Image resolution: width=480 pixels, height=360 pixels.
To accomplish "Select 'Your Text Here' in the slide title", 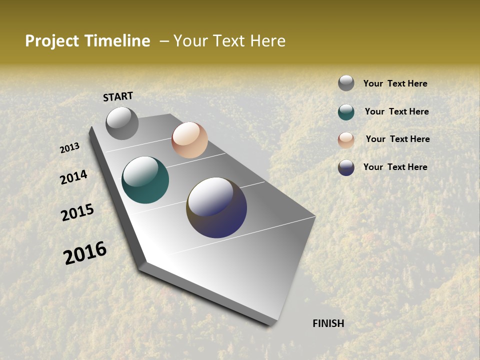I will point(229,41).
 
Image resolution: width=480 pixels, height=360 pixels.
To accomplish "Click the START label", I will point(118,96).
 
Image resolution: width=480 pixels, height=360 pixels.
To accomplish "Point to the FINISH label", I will point(328,323).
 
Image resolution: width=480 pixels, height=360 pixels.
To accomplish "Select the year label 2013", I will point(70,148).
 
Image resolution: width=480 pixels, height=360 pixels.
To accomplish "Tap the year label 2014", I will point(73,177).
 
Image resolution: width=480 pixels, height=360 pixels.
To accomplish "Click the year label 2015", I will point(77,212).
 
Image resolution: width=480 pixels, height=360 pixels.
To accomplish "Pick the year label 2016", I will point(85,253).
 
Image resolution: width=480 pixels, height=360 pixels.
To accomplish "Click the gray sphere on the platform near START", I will point(122,123).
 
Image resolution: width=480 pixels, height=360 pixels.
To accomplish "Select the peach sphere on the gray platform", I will point(189,140).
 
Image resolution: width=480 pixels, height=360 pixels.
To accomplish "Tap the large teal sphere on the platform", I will point(145,180).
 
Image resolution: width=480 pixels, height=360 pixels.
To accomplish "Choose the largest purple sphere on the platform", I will point(216,207).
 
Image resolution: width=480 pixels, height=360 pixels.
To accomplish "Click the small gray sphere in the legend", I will point(346,83).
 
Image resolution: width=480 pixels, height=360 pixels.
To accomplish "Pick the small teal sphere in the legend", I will point(346,112).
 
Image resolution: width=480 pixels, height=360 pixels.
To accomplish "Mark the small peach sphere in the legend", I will point(346,140).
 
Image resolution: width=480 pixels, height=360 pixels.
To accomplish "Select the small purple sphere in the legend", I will point(346,167).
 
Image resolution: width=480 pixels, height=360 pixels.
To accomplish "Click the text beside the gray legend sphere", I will point(395,83).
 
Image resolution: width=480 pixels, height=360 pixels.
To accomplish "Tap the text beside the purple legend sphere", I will point(395,167).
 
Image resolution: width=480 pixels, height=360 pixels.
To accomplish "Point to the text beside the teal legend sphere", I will point(396,111).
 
